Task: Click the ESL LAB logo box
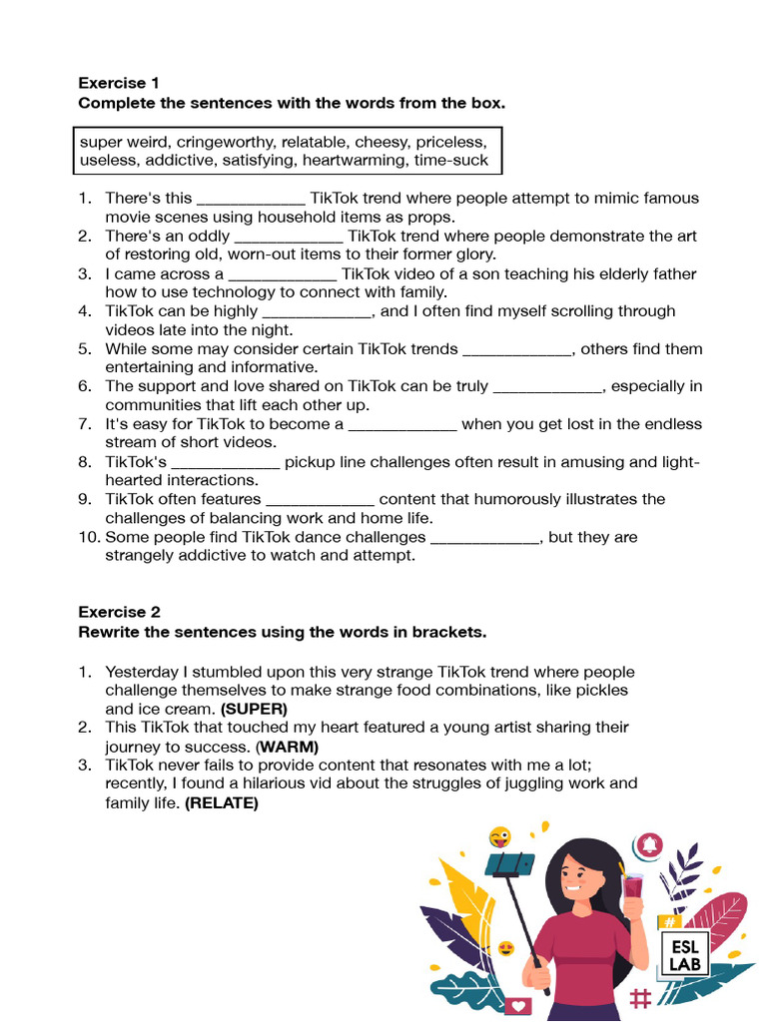pos(684,954)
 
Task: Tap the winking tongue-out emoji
pos(499,837)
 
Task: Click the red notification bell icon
pos(651,844)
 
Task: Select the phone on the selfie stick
pos(509,863)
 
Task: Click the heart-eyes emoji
pos(507,948)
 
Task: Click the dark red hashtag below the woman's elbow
pos(641,997)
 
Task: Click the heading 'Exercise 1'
pos(119,83)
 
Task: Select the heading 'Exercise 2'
pos(119,612)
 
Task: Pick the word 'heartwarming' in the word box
pos(354,160)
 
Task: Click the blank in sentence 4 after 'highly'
pos(317,311)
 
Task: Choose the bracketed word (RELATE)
pos(222,802)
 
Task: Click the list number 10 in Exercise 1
pos(89,537)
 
